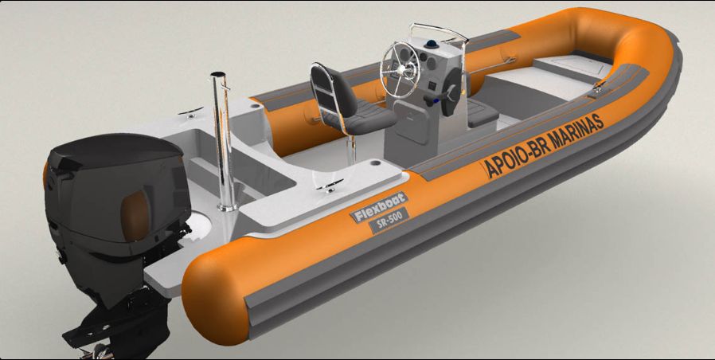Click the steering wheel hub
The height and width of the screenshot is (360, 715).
pos(400,69)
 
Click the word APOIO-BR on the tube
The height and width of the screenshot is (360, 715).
pos(513,160)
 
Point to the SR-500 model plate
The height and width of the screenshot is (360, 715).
pos(389,220)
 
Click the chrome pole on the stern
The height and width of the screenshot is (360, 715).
pos(224,141)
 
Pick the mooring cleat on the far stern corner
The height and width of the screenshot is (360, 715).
pos(190,112)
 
